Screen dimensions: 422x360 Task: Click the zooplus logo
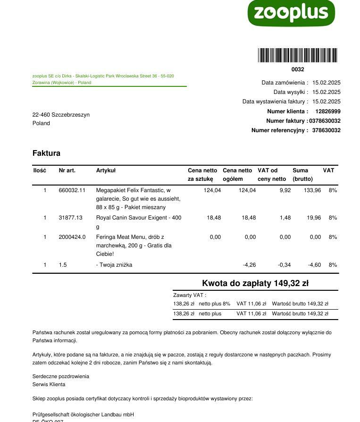(291, 13)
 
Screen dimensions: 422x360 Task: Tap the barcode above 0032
(298, 55)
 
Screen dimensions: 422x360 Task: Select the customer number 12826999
(328, 111)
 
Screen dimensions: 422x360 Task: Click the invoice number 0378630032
(325, 121)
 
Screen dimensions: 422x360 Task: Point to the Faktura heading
(46, 153)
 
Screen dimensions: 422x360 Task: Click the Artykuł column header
(106, 170)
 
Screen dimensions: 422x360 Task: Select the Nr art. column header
(67, 170)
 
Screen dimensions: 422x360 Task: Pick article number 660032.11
(72, 190)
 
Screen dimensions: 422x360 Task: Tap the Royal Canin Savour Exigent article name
(138, 218)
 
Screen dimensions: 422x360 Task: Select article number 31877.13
(70, 218)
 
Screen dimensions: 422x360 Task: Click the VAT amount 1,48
(285, 218)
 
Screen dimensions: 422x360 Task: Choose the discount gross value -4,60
(314, 265)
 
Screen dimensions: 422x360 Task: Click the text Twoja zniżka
(116, 265)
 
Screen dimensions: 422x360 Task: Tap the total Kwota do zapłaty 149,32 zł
(255, 283)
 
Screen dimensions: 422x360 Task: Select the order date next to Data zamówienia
(326, 83)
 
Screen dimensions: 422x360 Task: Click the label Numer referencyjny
(279, 130)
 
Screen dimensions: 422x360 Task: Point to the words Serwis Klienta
(49, 385)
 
